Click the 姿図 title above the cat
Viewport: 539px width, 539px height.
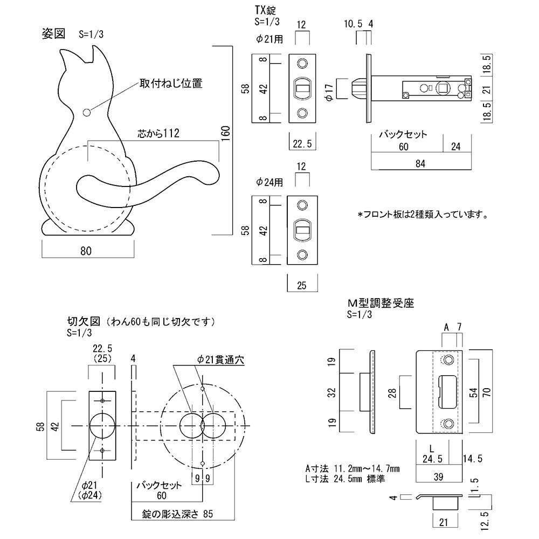[x=54, y=33]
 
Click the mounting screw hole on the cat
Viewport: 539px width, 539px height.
[x=87, y=112]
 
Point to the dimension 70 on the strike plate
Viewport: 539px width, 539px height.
[x=487, y=391]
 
